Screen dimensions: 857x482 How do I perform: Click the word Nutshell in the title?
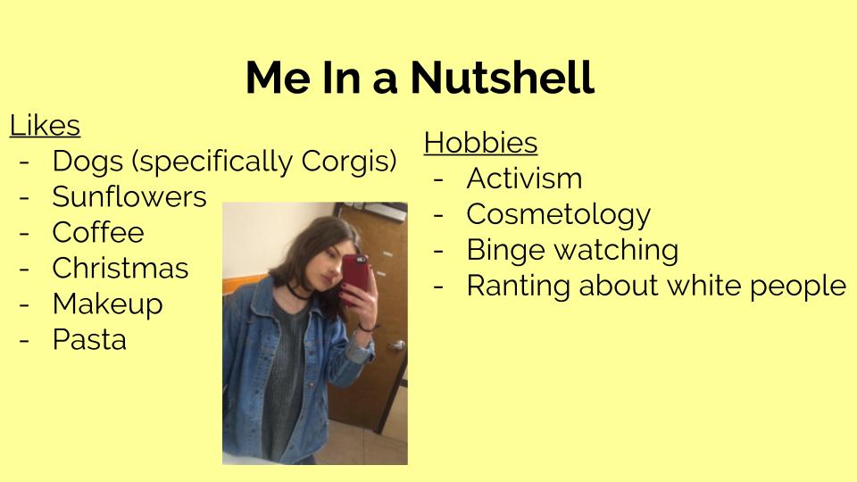[502, 77]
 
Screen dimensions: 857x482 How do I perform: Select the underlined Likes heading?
[45, 125]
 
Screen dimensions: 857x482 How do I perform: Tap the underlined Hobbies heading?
[480, 143]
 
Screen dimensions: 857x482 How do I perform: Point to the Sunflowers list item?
[129, 196]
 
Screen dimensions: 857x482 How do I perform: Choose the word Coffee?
[98, 232]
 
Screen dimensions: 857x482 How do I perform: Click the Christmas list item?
[121, 268]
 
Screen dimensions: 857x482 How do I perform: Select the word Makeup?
[108, 304]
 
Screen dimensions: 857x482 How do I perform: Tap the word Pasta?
[89, 339]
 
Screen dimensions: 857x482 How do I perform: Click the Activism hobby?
[524, 179]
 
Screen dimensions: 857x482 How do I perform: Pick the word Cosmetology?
[559, 215]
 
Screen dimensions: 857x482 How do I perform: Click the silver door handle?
[396, 345]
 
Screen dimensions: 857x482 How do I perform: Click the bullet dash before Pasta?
[24, 340]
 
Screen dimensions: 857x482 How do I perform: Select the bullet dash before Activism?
[438, 179]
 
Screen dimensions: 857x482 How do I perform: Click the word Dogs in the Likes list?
[87, 162]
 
